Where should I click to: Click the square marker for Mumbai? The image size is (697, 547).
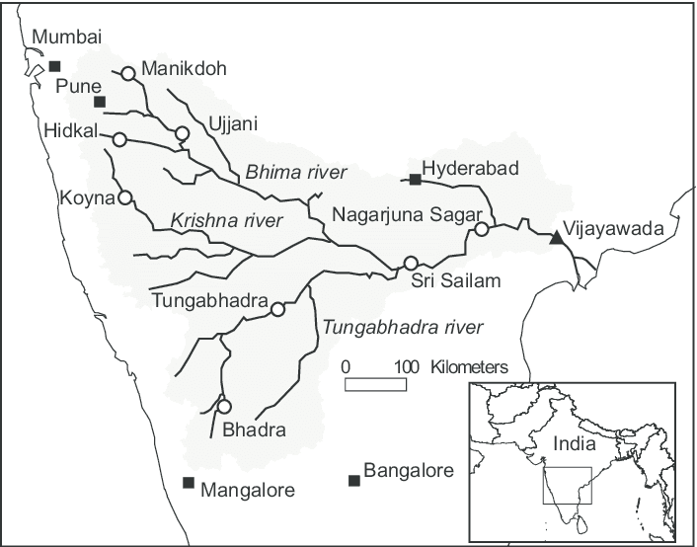click(x=53, y=66)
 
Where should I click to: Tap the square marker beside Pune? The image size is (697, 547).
click(x=99, y=102)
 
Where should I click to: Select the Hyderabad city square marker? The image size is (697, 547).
click(x=415, y=180)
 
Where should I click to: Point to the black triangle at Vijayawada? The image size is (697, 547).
click(x=557, y=236)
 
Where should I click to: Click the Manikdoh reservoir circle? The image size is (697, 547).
click(x=128, y=72)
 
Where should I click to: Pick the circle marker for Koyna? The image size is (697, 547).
click(x=124, y=197)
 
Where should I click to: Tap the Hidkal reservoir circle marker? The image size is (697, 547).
click(x=118, y=139)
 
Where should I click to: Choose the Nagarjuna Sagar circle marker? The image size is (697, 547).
click(x=481, y=229)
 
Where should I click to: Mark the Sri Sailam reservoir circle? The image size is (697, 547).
click(x=411, y=264)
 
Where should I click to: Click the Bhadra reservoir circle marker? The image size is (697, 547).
click(x=224, y=406)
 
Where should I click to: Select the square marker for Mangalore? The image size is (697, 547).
click(x=188, y=482)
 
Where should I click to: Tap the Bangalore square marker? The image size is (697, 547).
click(x=353, y=481)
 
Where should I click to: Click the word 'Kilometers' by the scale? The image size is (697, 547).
click(x=470, y=366)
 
